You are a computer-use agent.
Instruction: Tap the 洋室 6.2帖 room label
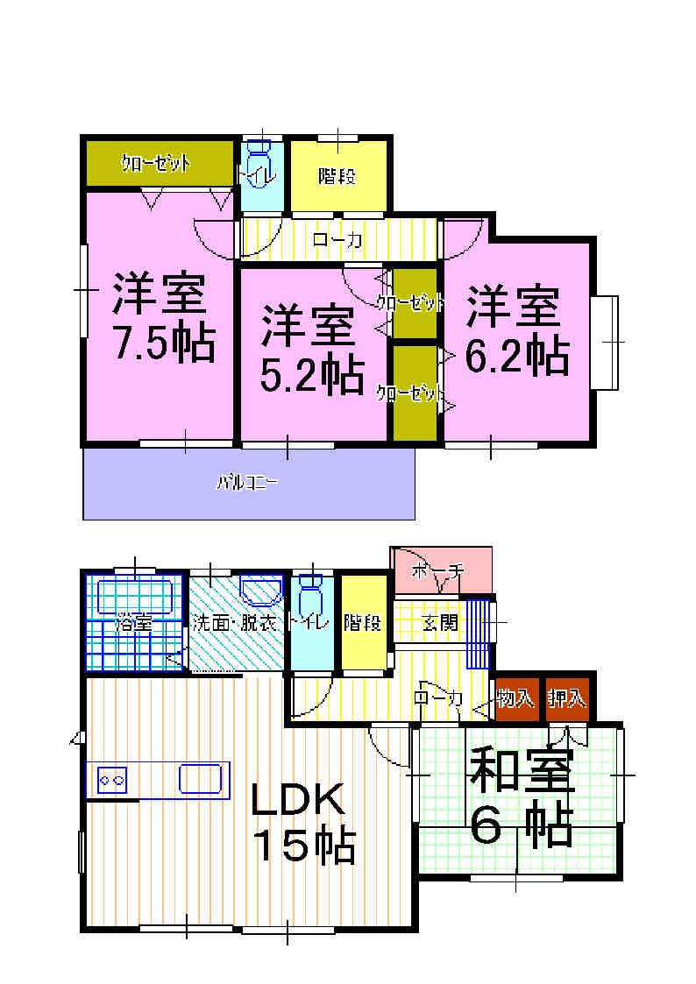(x=516, y=329)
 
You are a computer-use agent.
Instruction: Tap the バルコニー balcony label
(x=249, y=482)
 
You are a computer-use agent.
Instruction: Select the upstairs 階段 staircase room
(x=337, y=175)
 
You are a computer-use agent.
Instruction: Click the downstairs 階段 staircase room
(x=362, y=623)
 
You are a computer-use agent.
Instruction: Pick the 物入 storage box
(x=515, y=698)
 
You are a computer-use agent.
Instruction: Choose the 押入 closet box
(x=567, y=698)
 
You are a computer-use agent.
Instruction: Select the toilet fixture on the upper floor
(x=260, y=163)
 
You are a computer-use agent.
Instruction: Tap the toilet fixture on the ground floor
(x=310, y=596)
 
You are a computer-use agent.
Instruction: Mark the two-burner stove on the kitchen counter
(x=111, y=778)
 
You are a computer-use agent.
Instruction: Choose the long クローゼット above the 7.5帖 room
(x=158, y=163)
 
